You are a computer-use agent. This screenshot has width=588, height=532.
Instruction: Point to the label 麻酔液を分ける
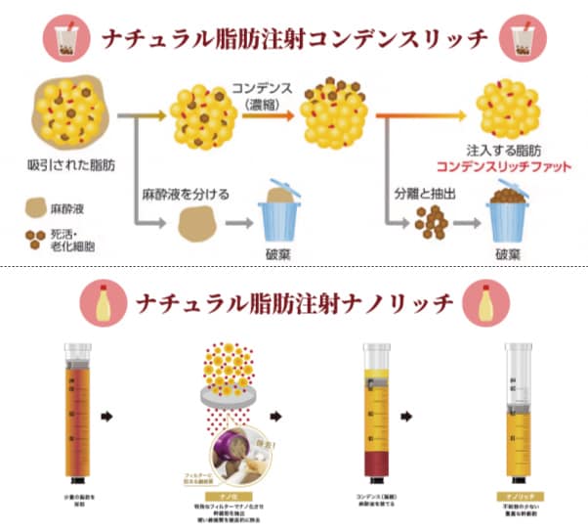(x=186, y=195)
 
